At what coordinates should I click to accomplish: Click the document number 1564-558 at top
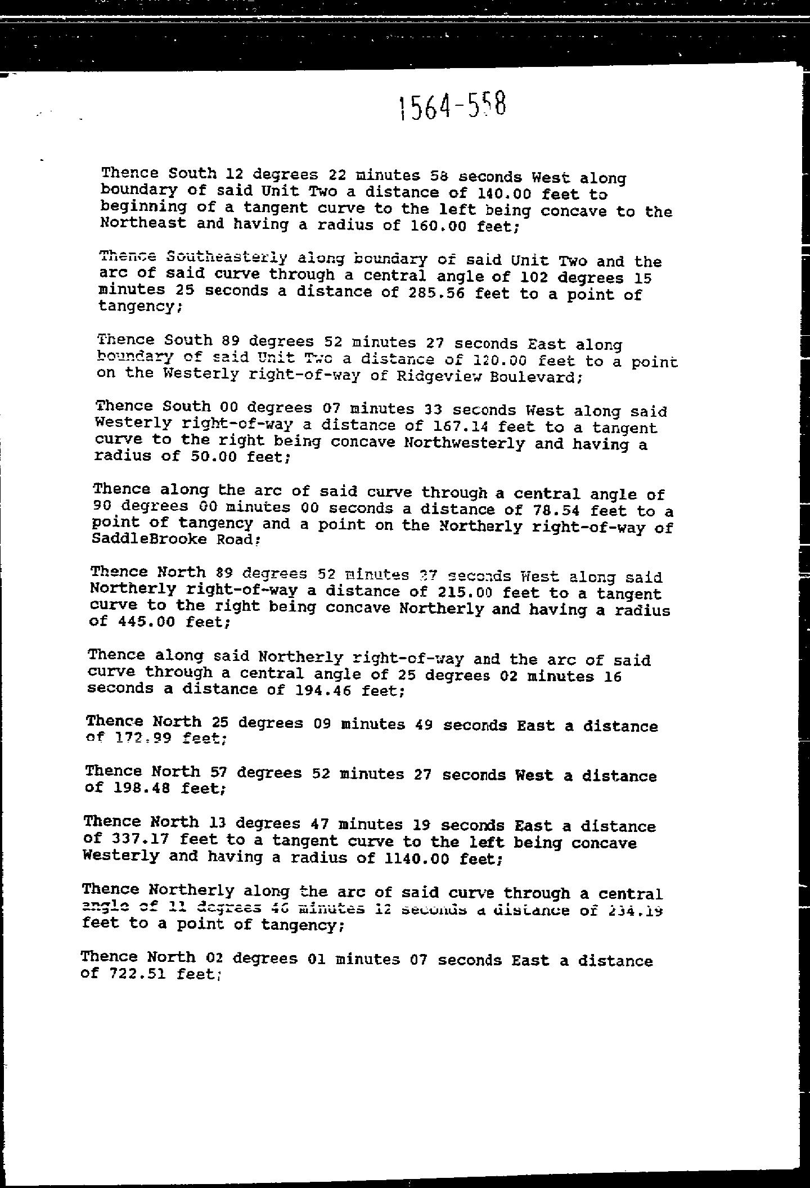(x=452, y=106)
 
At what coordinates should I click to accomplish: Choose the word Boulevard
(x=534, y=377)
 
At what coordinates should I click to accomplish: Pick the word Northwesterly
(x=464, y=443)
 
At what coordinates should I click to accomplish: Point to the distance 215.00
(x=464, y=592)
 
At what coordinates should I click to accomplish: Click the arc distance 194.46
(x=323, y=690)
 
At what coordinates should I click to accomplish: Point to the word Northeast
(x=143, y=223)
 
